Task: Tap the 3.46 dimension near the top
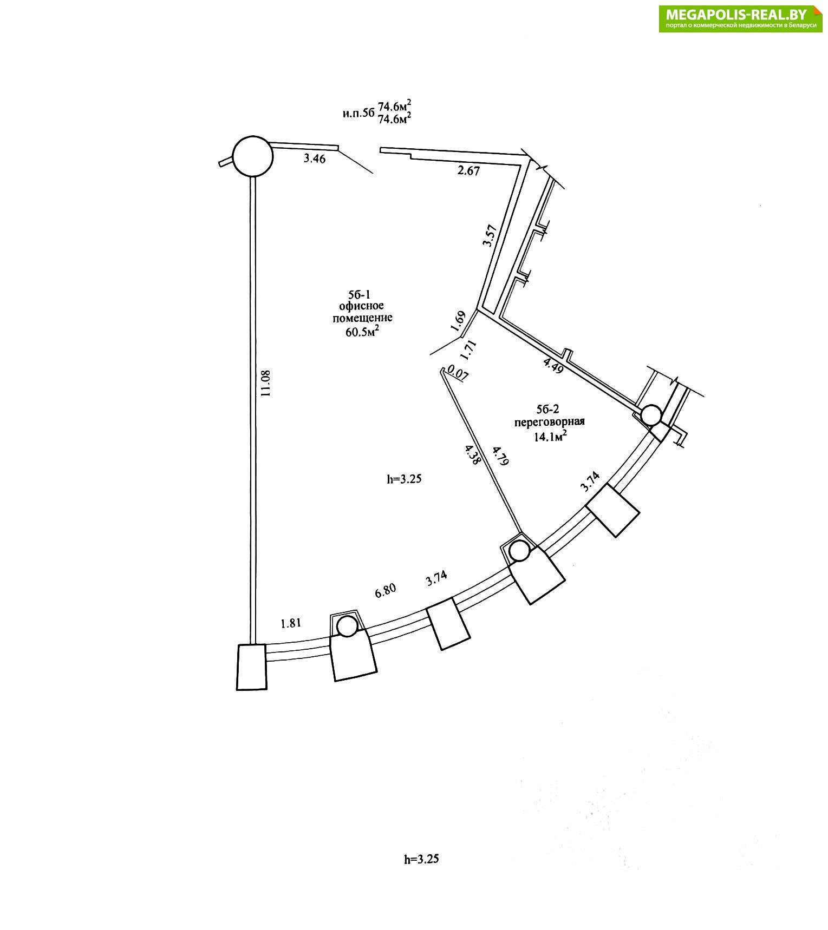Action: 315,159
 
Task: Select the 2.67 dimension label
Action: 468,171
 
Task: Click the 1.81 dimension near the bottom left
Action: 290,623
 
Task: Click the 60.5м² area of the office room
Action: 362,331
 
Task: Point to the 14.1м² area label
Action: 550,437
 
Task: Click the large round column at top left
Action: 252,155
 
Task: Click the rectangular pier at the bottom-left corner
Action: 252,667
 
